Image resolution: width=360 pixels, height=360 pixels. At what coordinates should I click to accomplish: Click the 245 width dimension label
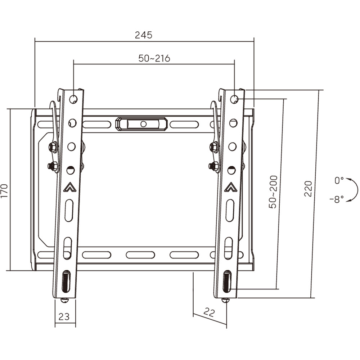click(x=144, y=35)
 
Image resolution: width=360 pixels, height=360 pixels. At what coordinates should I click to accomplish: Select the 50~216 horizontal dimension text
click(x=154, y=58)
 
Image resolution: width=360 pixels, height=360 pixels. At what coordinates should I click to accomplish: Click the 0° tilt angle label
click(x=339, y=180)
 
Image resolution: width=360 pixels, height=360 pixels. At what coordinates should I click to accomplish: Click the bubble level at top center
click(x=141, y=124)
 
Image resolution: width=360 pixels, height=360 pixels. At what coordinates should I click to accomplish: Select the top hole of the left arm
click(x=73, y=99)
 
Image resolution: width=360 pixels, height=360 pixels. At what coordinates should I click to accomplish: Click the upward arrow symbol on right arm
click(x=230, y=187)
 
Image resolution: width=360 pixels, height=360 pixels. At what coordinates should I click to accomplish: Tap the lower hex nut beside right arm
click(x=214, y=166)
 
